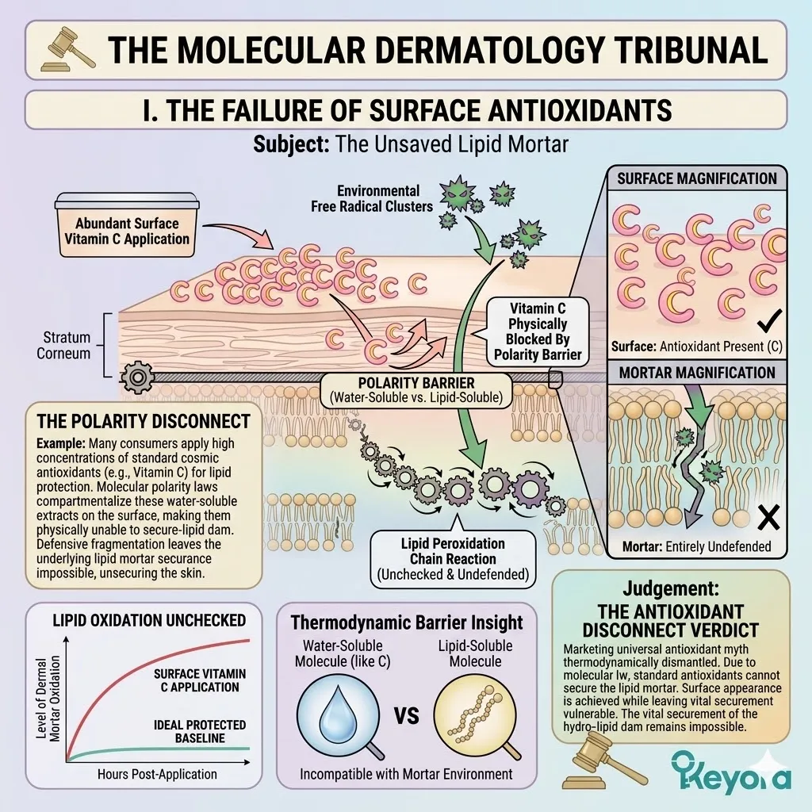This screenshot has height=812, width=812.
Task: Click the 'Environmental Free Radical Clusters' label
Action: (x=378, y=199)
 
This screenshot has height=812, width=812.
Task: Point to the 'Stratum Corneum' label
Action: (x=64, y=347)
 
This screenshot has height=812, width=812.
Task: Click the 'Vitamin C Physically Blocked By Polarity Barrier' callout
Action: (x=538, y=331)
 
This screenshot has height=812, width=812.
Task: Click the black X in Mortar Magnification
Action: (x=768, y=519)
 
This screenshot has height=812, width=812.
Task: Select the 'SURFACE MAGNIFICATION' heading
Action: (x=697, y=178)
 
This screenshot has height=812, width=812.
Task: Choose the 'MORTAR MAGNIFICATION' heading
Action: (x=698, y=372)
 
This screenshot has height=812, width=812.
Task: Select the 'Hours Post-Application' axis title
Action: (x=157, y=774)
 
